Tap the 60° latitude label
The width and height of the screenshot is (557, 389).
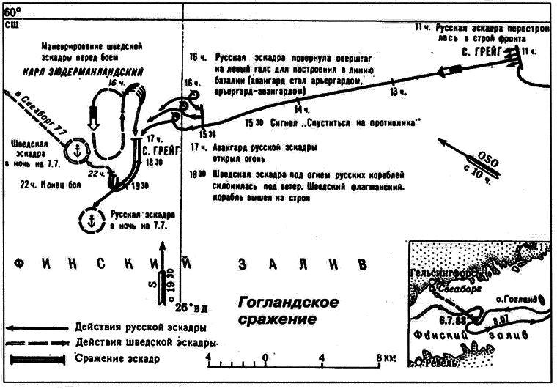[13, 10]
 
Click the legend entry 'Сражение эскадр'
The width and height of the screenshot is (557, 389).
[117, 359]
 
